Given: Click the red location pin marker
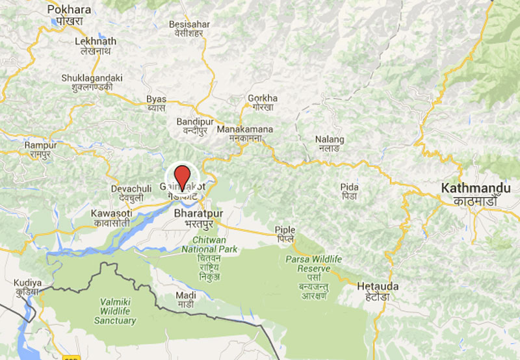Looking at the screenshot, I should click(x=183, y=175).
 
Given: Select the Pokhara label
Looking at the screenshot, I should click(x=70, y=10).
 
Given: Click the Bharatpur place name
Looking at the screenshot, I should click(x=200, y=213).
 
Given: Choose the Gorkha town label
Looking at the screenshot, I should click(x=263, y=99).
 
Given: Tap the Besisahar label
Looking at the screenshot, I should click(x=189, y=24).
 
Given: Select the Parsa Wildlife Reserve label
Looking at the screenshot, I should click(x=313, y=263).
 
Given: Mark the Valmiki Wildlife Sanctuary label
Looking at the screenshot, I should click(x=115, y=311).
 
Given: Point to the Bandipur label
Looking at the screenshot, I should click(x=196, y=122).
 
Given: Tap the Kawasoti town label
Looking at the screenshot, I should click(x=111, y=213).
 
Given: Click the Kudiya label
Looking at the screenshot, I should click(x=28, y=283).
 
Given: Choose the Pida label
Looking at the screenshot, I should click(x=349, y=188).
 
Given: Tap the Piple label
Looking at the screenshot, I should click(x=285, y=230).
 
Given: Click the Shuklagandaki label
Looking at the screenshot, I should click(x=92, y=78).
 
